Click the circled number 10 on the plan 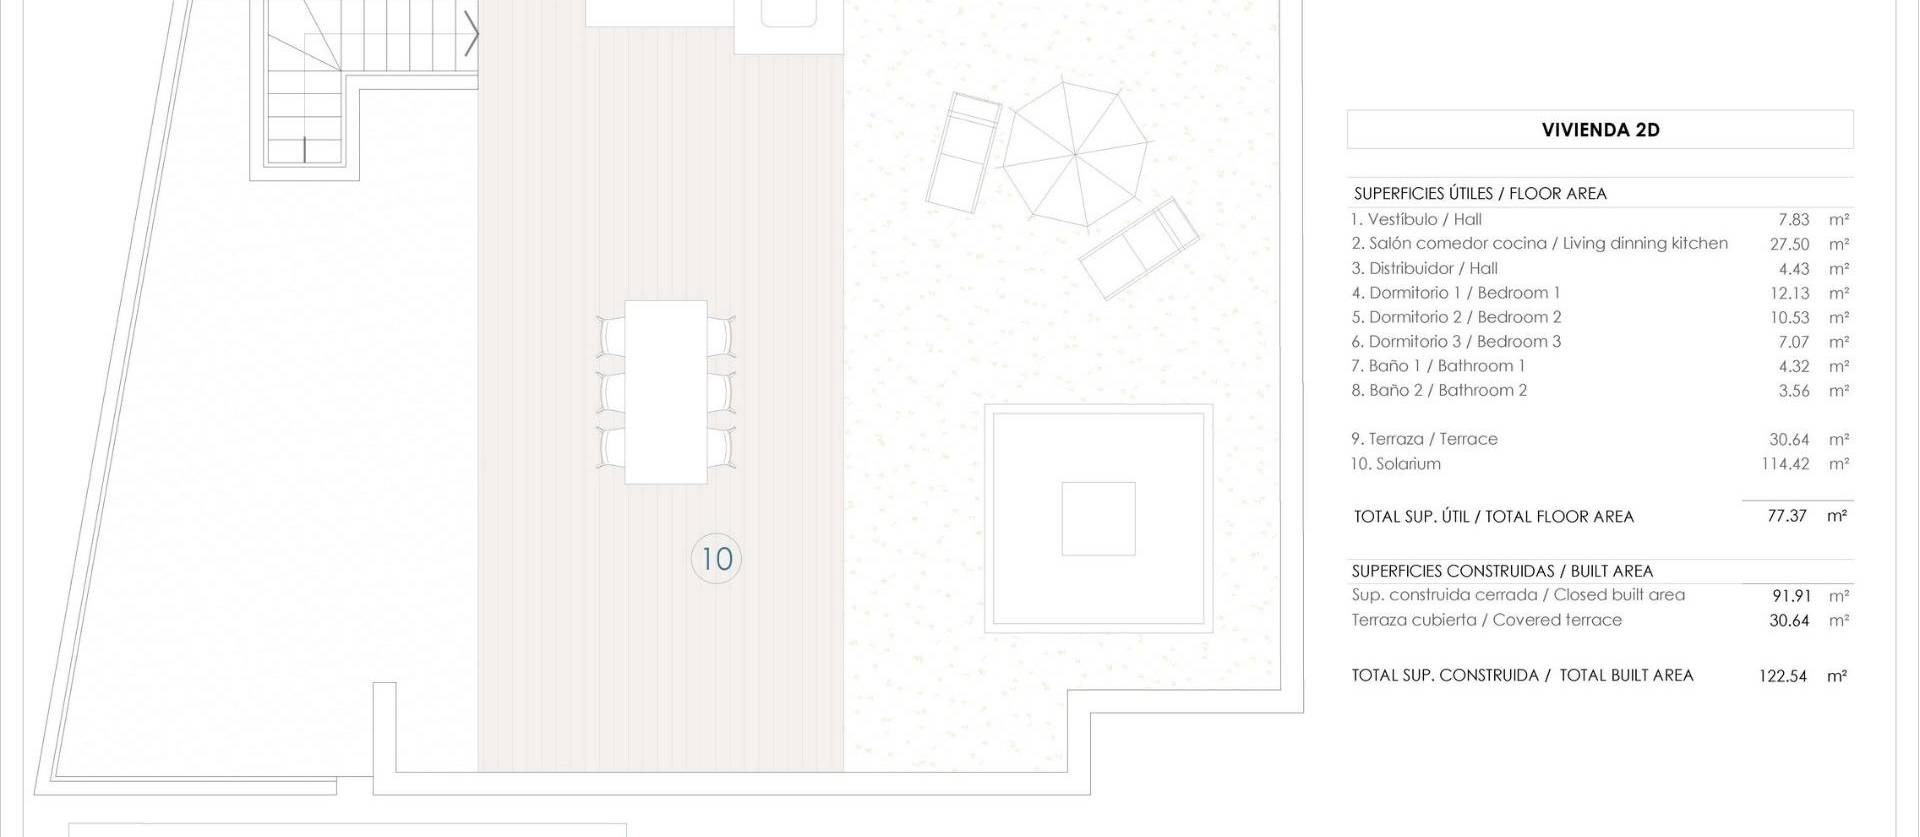[x=716, y=558]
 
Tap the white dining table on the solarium [x=666, y=392]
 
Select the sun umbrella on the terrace [x=1074, y=155]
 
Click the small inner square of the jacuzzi [x=1098, y=518]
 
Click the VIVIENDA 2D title [x=1600, y=130]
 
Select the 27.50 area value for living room [x=1789, y=244]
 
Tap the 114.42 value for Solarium [x=1785, y=464]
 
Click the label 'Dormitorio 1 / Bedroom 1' [x=1456, y=293]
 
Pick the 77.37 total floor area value [x=1787, y=516]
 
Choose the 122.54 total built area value [x=1783, y=676]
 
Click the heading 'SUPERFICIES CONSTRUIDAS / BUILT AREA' [x=1502, y=571]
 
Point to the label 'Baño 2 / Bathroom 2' [x=1439, y=390]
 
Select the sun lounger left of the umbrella [x=963, y=152]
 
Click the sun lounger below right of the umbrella [x=1139, y=247]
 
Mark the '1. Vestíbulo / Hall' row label [x=1416, y=219]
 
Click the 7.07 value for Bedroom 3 [x=1793, y=342]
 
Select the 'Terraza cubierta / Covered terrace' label [x=1486, y=620]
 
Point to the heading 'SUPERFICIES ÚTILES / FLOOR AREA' [x=1480, y=194]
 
